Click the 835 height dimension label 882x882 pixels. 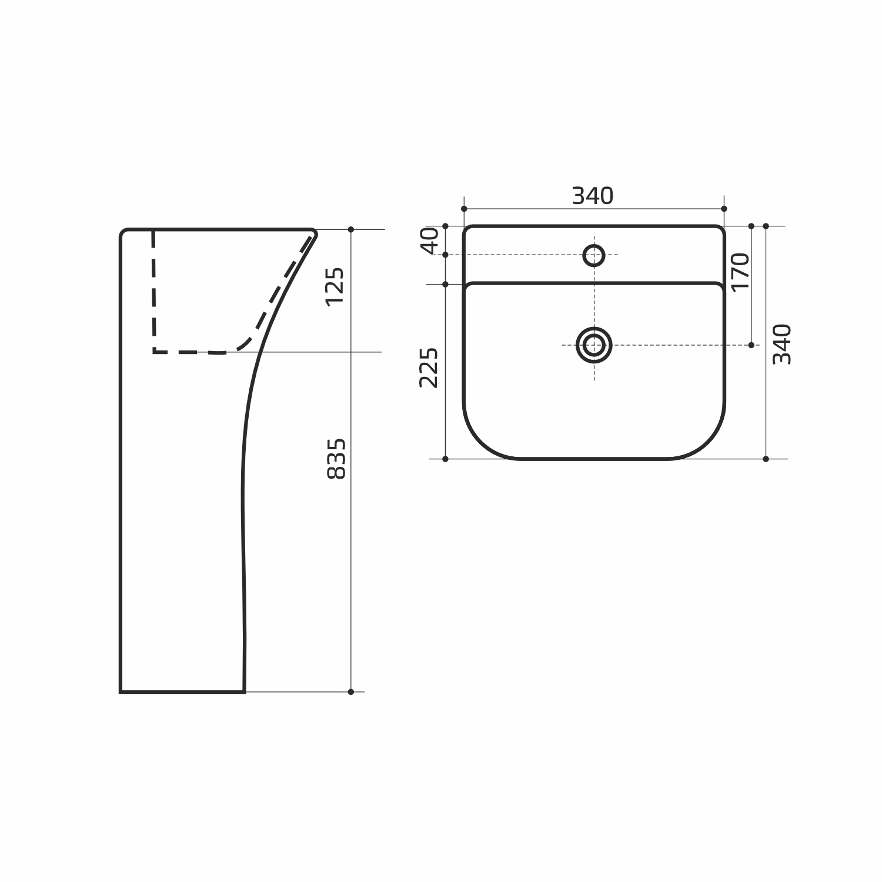click(x=336, y=459)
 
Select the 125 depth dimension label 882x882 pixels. click(x=335, y=286)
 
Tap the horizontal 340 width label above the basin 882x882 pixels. click(x=593, y=196)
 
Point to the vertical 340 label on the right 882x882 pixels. click(x=782, y=344)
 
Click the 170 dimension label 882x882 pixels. click(x=740, y=270)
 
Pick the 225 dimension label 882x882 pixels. click(x=429, y=367)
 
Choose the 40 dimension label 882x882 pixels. click(x=430, y=240)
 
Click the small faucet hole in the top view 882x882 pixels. click(x=594, y=255)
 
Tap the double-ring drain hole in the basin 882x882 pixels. click(x=594, y=345)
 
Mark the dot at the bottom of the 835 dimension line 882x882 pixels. click(x=351, y=691)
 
